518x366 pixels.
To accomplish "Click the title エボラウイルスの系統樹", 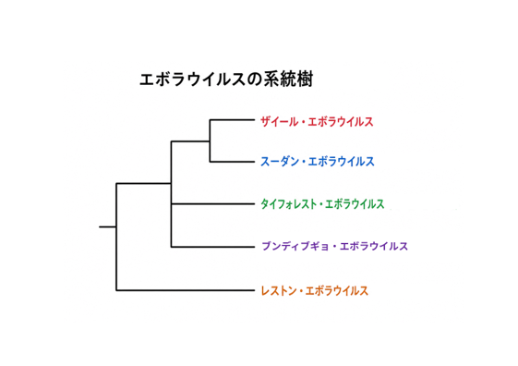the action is pos(226,79).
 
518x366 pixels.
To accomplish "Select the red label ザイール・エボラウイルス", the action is pos(317,122).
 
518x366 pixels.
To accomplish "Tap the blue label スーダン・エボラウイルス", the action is pos(318,162).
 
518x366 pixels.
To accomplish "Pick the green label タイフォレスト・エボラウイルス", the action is pos(322,204).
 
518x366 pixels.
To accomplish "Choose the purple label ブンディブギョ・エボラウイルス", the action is pos(334,246).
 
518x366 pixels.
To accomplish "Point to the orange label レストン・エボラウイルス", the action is pos(315,290).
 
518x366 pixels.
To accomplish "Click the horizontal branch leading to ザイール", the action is pos(233,119).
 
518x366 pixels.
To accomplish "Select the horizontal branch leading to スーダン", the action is pos(233,162).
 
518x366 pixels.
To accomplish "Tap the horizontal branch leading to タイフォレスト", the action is pos(213,204).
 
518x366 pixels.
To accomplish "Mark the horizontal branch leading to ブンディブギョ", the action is pos(213,247).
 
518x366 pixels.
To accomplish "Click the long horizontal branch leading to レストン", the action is pos(186,290).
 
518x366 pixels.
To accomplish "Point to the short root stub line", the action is pos(107,226).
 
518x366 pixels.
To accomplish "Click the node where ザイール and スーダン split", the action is pos(210,141).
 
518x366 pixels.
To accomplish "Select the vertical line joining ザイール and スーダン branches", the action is pos(210,140).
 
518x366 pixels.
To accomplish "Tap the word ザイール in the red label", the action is pos(280,122).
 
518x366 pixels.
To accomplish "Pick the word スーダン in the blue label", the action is pos(280,162).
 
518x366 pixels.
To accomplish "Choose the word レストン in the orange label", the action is pos(279,290).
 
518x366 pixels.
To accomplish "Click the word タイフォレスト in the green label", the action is pos(288,204).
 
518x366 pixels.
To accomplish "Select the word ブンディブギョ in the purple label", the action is pos(295,246).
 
